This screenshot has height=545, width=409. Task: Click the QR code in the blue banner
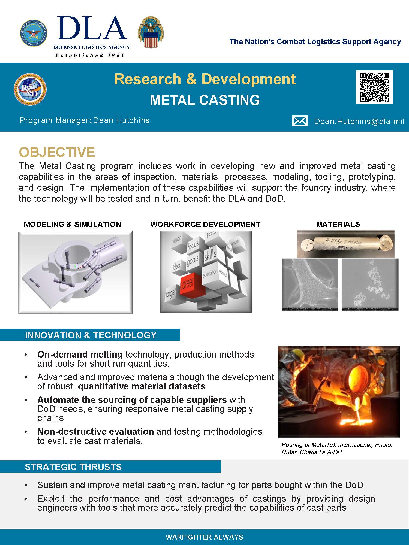pos(374,87)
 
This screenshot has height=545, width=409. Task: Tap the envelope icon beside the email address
pos(300,121)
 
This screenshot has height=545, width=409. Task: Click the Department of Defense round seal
pos(33,33)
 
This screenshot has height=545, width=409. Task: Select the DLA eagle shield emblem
pos(151,32)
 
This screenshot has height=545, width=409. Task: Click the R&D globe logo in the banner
pos(30,89)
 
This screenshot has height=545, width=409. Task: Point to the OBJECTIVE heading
pos(57,152)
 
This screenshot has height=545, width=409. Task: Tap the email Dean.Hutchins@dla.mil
pos(359,121)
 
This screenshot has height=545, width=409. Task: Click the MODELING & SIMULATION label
pos(73,224)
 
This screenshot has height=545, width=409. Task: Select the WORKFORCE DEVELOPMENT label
pos(205,224)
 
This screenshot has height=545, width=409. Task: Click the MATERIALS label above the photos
pos(338,224)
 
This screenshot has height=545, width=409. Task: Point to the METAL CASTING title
pos(205,100)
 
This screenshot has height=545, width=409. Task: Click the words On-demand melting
pos(80,354)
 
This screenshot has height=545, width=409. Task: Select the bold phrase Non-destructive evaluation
pos(95,431)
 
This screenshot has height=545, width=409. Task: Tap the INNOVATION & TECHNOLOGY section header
pos(91,335)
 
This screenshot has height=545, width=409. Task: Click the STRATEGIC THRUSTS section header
pos(73,467)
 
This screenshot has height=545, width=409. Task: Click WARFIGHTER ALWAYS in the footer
pos(204,537)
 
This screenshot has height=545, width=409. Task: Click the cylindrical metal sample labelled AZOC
pos(345,243)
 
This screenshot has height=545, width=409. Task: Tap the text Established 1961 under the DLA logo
pos(90,55)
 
